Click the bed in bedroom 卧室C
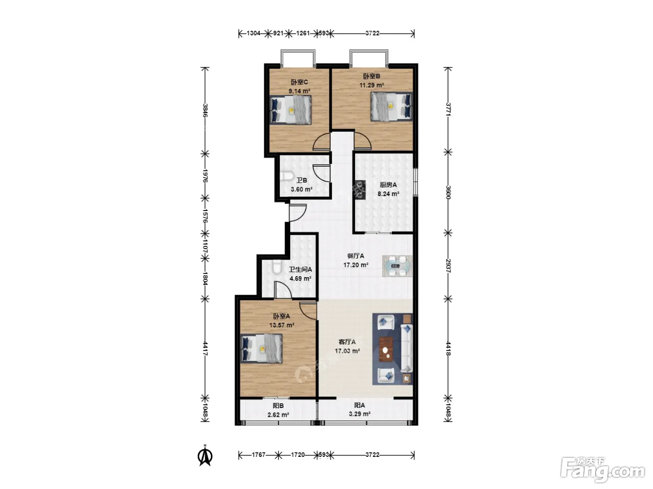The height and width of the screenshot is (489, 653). (x=291, y=110)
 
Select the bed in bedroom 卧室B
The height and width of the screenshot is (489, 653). (x=391, y=106)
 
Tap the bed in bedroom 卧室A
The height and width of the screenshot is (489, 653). (x=261, y=348)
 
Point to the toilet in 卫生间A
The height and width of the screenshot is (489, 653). (x=277, y=267)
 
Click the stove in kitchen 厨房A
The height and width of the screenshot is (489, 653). (x=360, y=190)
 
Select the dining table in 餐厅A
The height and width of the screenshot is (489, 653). (x=397, y=266)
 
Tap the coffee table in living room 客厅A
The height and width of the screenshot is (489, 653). (x=386, y=349)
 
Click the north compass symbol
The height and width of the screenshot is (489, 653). (x=205, y=456)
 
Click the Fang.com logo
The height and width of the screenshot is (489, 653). (x=603, y=469)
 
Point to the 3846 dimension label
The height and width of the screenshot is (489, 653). (x=205, y=110)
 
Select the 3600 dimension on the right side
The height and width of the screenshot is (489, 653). (x=448, y=192)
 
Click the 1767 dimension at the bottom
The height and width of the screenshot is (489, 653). (x=258, y=455)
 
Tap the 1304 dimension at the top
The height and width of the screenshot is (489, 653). (x=253, y=33)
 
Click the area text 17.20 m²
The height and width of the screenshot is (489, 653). (x=356, y=265)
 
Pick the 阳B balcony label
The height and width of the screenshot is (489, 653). (x=278, y=406)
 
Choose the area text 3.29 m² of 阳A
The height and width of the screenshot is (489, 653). (x=360, y=414)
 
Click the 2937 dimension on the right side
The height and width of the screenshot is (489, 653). (x=448, y=266)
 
